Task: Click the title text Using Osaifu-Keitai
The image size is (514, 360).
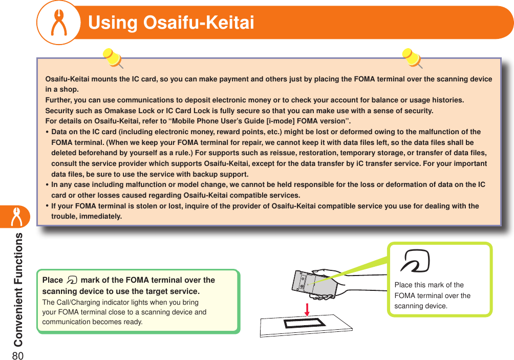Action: (171, 23)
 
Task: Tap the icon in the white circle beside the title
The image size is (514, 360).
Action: (58, 23)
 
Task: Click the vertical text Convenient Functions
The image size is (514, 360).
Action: (18, 289)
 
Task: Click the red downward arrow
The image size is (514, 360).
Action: (308, 309)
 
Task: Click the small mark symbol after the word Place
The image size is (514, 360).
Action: (72, 280)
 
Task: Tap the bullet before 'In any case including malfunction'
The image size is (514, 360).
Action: (48, 185)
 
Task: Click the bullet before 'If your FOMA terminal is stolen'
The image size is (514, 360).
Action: (48, 206)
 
